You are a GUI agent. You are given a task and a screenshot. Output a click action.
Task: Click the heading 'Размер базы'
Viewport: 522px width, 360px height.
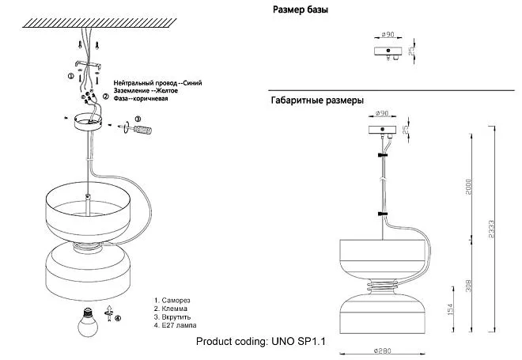point(301,10)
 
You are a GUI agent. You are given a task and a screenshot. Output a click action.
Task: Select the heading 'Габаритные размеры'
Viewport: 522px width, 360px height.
point(317,100)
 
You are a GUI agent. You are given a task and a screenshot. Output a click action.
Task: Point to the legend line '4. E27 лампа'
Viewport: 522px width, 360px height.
point(175,326)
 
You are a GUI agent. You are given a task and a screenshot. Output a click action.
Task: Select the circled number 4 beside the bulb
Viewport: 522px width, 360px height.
point(118,319)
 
